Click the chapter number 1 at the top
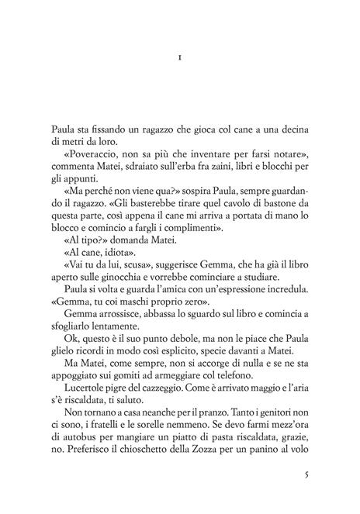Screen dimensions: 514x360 point(179,57)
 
